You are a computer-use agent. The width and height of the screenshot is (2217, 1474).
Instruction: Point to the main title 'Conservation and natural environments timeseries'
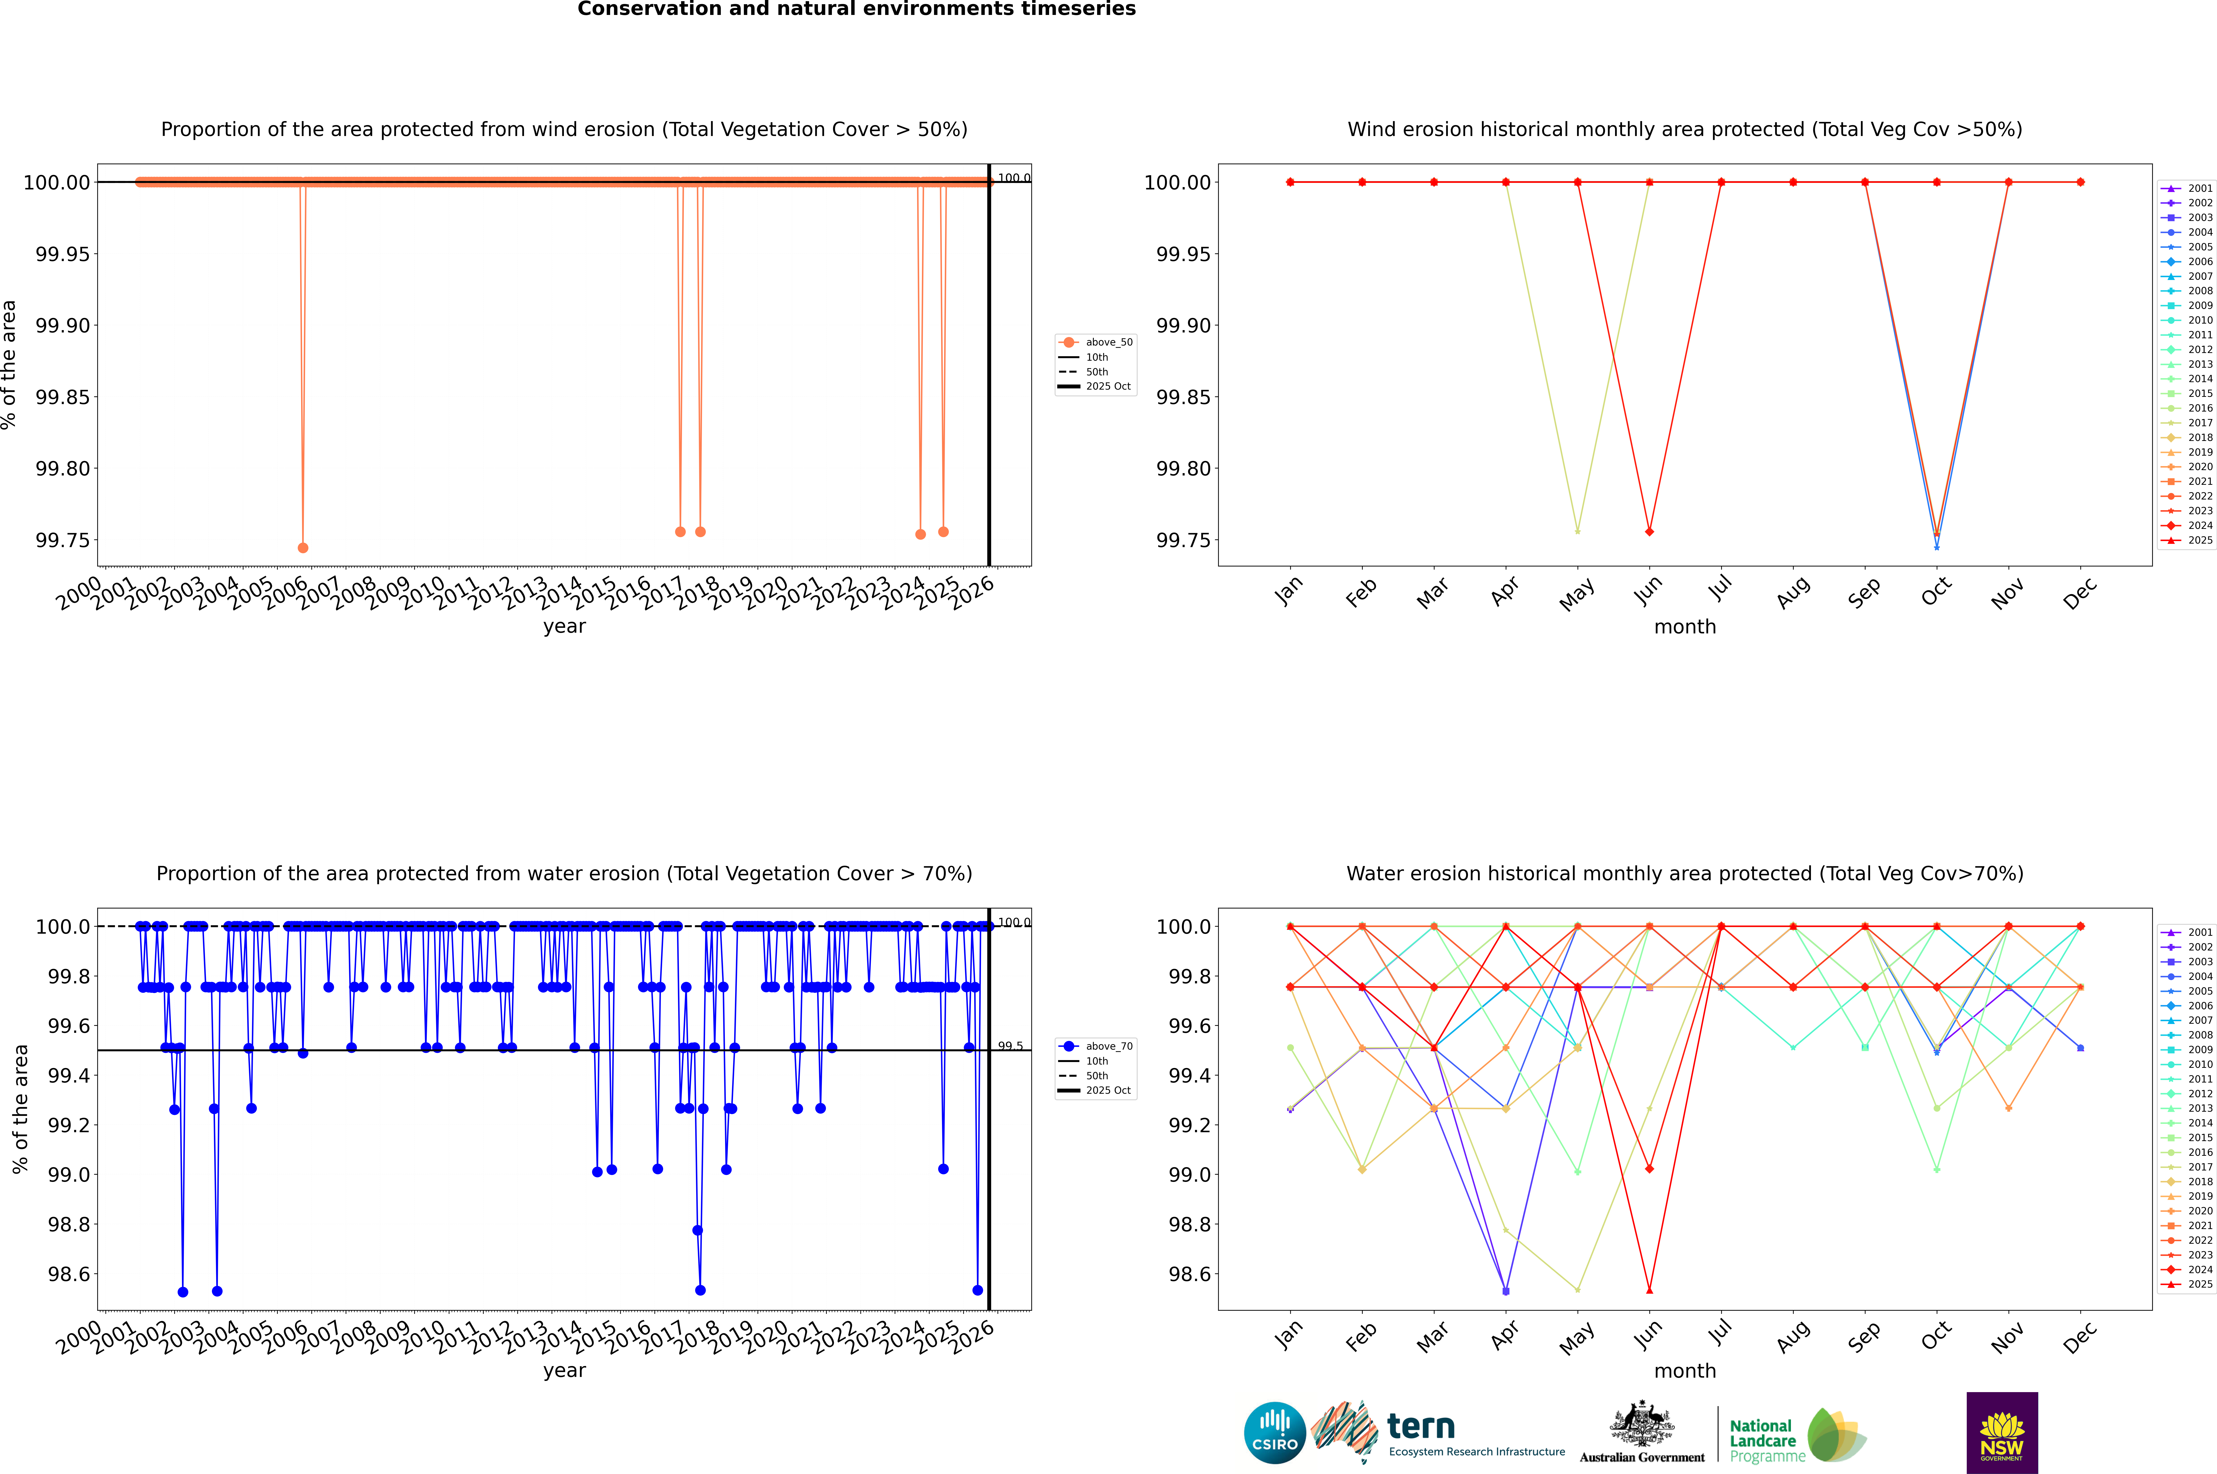click(856, 9)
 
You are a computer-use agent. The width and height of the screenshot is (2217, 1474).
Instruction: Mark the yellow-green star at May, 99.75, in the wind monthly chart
click(1577, 531)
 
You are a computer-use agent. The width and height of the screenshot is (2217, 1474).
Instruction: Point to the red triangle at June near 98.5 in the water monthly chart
click(1649, 1290)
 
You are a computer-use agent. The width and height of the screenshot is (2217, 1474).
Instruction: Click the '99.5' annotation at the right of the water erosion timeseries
click(1010, 1046)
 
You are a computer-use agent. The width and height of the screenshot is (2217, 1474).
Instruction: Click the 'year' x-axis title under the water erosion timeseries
click(564, 1371)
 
